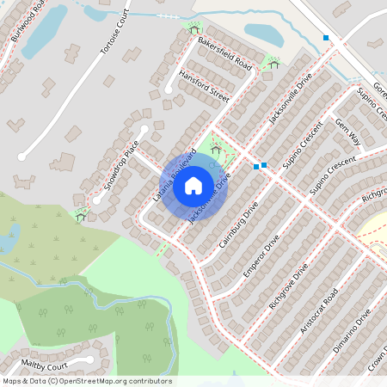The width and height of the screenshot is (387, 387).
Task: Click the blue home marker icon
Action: [193, 184]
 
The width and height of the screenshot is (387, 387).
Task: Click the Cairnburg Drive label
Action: [238, 225]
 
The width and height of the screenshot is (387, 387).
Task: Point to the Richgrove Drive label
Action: [287, 287]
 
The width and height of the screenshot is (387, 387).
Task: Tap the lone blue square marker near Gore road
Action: [326, 38]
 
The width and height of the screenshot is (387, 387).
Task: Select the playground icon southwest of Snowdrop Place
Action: [81, 215]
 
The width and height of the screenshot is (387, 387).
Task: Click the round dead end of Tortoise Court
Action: [21, 157]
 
